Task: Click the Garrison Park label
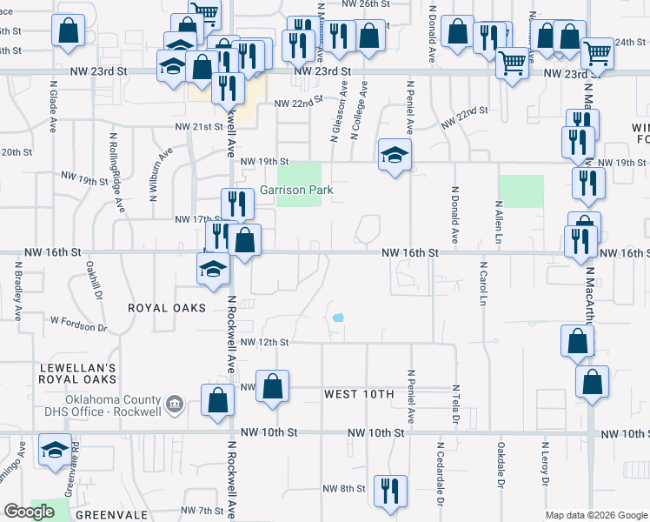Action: coord(291,190)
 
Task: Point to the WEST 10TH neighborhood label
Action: coord(359,394)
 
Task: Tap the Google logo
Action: coord(29,512)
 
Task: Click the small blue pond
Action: coord(337,318)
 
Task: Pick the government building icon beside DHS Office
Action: coord(174,403)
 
